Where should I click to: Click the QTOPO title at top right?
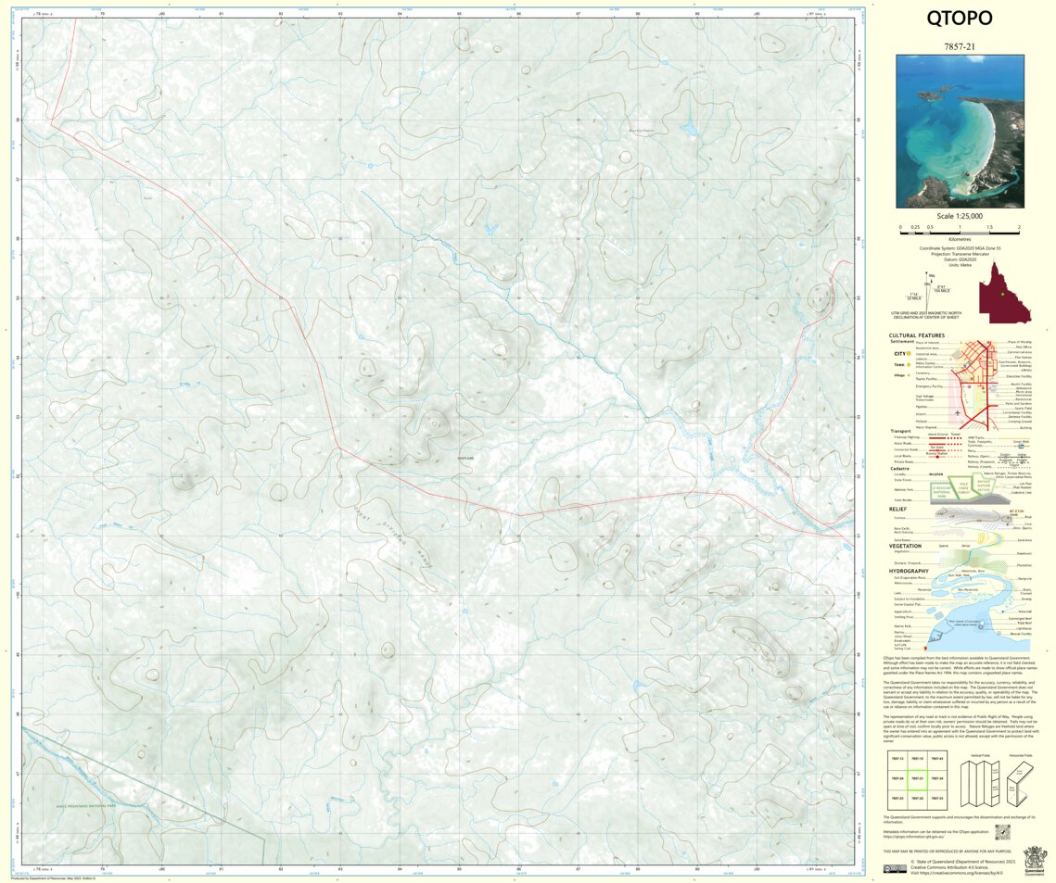pyautogui.click(x=960, y=19)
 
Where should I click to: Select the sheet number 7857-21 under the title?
pyautogui.click(x=960, y=44)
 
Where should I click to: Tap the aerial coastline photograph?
pyautogui.click(x=960, y=131)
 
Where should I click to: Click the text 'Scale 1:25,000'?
pyautogui.click(x=960, y=216)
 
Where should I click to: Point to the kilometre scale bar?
pyautogui.click(x=960, y=229)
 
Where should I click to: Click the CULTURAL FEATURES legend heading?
pyautogui.click(x=916, y=335)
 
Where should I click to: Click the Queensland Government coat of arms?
pyautogui.click(x=1034, y=858)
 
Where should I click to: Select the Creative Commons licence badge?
pyautogui.click(x=895, y=869)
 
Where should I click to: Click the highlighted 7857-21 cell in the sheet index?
pyautogui.click(x=917, y=778)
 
